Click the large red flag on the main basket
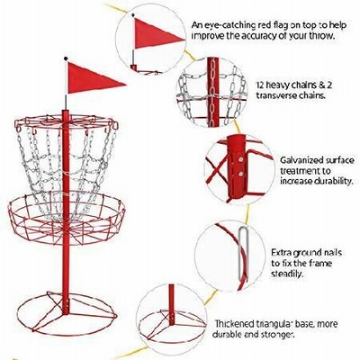point(90,78)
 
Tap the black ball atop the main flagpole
point(66,58)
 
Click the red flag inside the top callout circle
point(155,33)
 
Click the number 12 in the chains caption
point(260,85)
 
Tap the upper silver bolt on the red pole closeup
point(240,160)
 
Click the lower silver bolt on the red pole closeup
point(240,174)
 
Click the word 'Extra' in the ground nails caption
point(282,253)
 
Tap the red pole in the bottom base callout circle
point(171,304)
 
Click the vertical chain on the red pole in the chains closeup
point(212,92)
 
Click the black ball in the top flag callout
point(132,14)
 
